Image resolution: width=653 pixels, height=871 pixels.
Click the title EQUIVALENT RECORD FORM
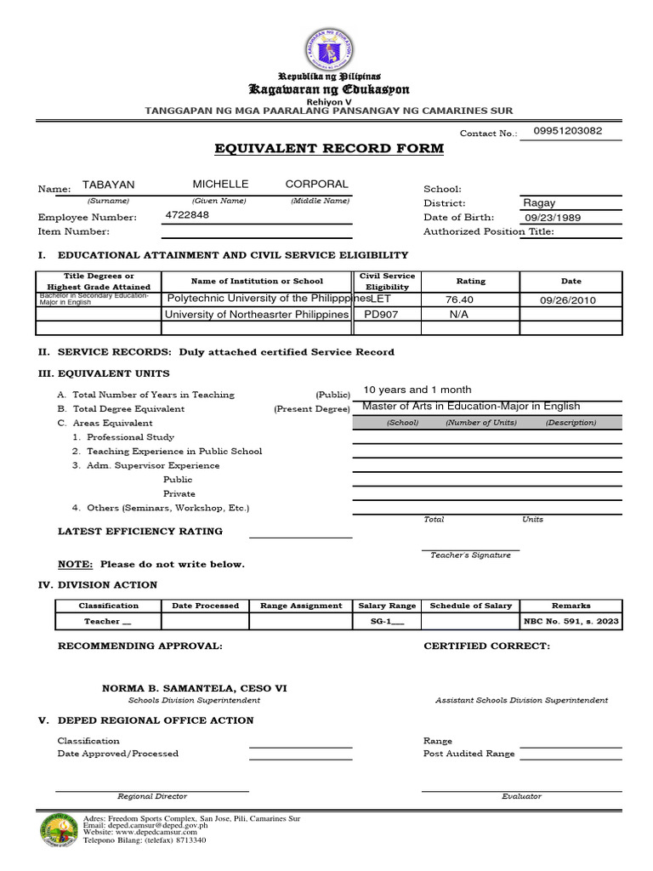328,149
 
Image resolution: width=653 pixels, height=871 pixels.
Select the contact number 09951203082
568,131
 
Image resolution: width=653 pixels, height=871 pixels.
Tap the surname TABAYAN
108,185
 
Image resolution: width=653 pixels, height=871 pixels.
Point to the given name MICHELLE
220,185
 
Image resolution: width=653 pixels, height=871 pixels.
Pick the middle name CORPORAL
316,185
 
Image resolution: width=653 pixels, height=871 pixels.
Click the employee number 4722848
187,216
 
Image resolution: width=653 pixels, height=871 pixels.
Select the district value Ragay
539,203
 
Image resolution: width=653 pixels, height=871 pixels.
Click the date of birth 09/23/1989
552,218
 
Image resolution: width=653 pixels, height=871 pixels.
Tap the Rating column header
470,281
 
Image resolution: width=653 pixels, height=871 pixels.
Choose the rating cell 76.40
459,299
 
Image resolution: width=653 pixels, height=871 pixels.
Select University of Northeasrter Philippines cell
257,314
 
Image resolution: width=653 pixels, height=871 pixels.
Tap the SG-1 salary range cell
387,622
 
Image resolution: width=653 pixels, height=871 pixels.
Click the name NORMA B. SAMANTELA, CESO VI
195,688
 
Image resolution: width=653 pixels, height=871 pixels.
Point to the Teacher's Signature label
470,555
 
